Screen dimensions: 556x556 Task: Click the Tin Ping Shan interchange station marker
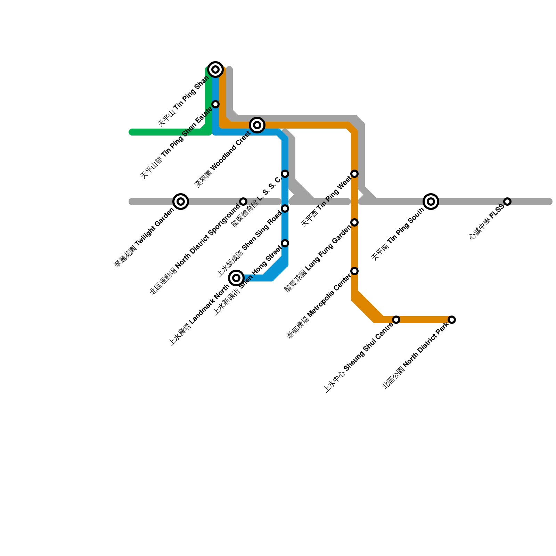pyautogui.click(x=215, y=69)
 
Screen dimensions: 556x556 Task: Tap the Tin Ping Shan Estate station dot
pyautogui.click(x=215, y=104)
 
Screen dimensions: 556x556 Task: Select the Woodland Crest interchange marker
pyautogui.click(x=257, y=125)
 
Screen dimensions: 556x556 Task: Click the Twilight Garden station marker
pyautogui.click(x=181, y=202)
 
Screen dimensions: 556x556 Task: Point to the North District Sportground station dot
pyautogui.click(x=243, y=202)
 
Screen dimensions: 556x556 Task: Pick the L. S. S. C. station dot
pyautogui.click(x=285, y=173)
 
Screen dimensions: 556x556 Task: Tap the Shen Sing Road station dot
pyautogui.click(x=285, y=208)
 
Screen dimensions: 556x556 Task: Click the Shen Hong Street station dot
pyautogui.click(x=285, y=243)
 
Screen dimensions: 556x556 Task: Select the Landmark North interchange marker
pyautogui.click(x=236, y=278)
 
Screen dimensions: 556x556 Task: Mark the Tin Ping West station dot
pyautogui.click(x=354, y=173)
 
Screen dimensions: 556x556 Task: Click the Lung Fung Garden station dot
pyautogui.click(x=354, y=222)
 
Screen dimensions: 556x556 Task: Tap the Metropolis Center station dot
pyautogui.click(x=354, y=271)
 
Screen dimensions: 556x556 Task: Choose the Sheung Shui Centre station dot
pyautogui.click(x=396, y=319)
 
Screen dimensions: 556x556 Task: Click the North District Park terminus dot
pyautogui.click(x=452, y=319)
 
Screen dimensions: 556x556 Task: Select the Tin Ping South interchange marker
pyautogui.click(x=431, y=201)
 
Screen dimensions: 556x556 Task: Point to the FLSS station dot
pyautogui.click(x=507, y=202)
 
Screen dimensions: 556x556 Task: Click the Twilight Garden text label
pyautogui.click(x=144, y=238)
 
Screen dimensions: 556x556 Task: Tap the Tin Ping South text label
pyautogui.click(x=398, y=235)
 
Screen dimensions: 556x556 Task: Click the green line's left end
pyautogui.click(x=131, y=132)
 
